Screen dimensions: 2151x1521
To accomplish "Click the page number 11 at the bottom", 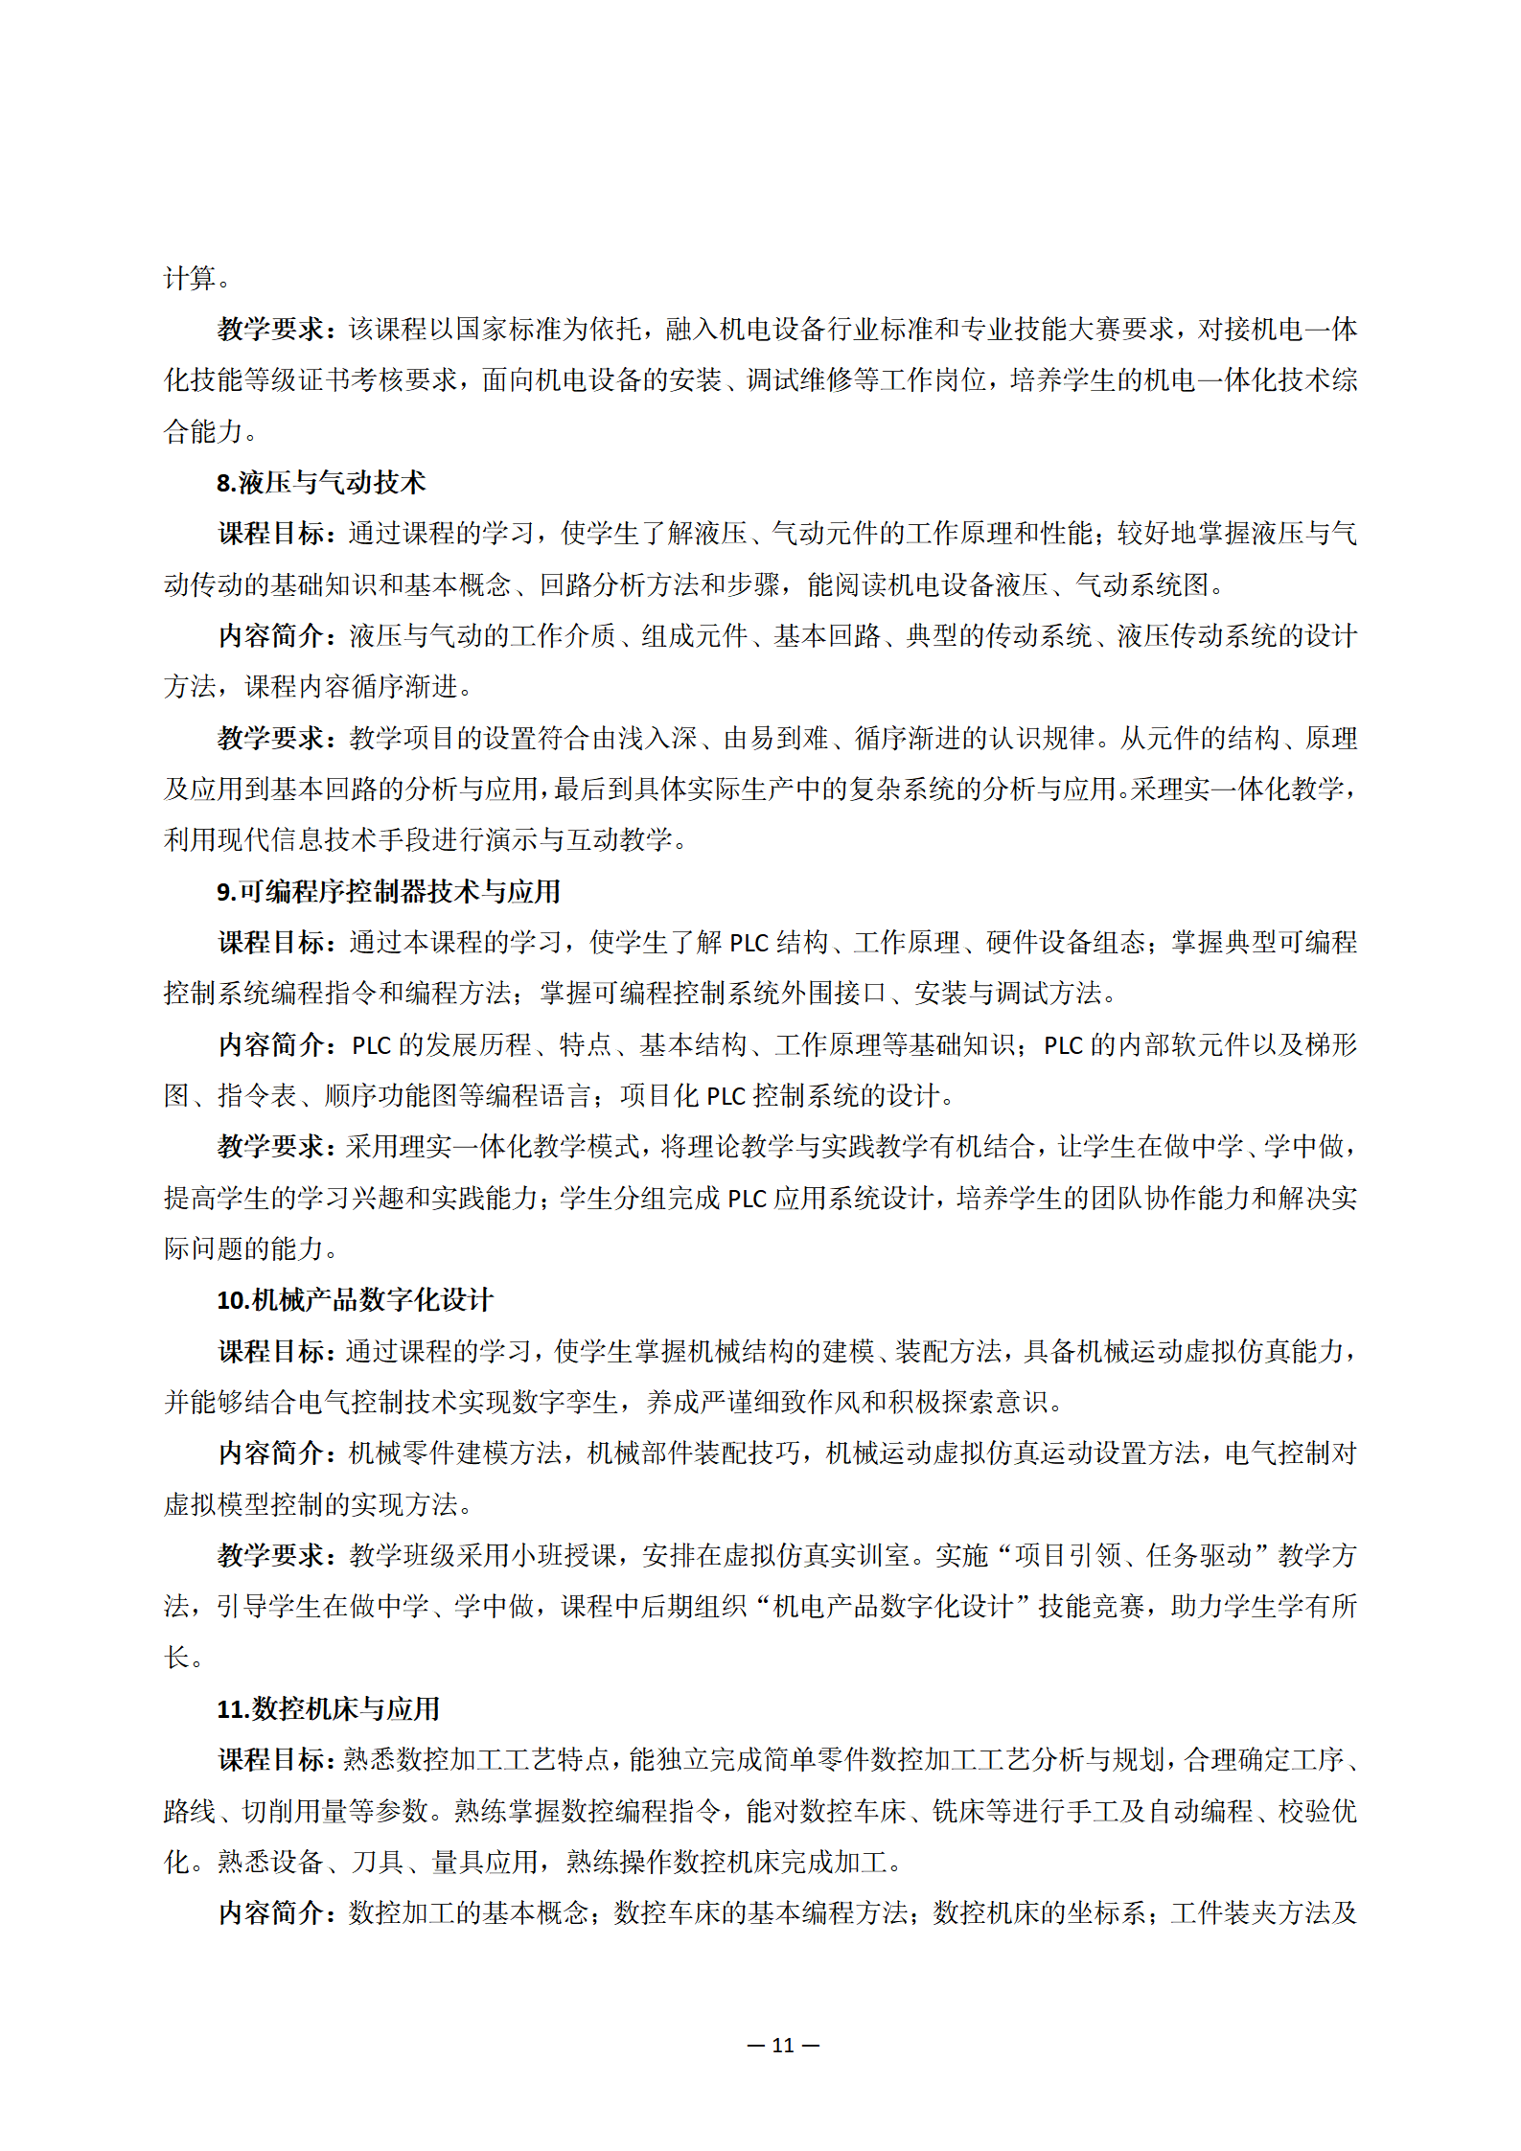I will (783, 2046).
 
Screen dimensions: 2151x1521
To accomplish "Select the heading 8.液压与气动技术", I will (320, 483).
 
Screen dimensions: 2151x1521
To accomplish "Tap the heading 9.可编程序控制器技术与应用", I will (388, 892).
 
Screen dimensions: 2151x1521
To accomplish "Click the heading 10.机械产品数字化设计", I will (355, 1300).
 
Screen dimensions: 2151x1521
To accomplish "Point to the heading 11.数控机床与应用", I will (328, 1709).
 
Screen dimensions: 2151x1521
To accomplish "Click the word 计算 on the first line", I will (190, 279).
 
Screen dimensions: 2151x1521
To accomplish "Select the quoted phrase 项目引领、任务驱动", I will (1134, 1556).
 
